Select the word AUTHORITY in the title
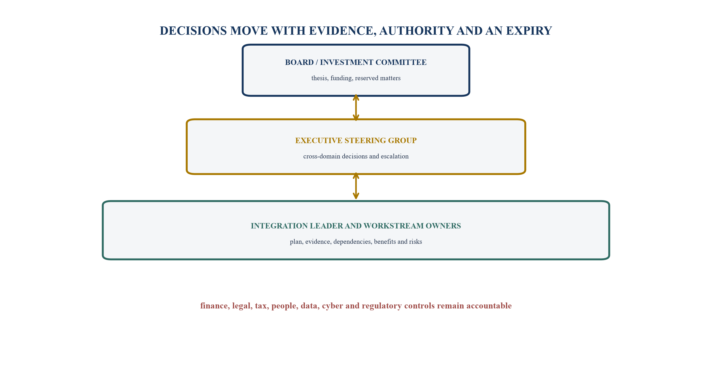(x=417, y=31)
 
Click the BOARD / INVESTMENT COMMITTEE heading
(x=356, y=62)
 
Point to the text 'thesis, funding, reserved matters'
(x=356, y=78)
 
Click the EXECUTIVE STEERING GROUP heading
(x=356, y=141)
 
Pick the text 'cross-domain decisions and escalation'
(x=356, y=156)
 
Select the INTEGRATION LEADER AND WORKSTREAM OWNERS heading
(x=356, y=226)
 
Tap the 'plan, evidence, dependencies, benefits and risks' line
(x=356, y=242)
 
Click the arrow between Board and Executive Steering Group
(x=356, y=108)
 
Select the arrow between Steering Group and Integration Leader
(x=356, y=186)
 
